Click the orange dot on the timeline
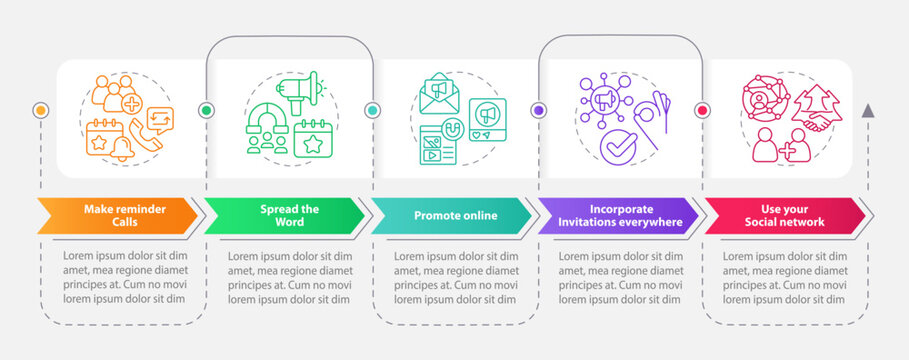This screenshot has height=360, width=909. pyautogui.click(x=41, y=110)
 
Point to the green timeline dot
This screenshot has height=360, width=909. pyautogui.click(x=207, y=110)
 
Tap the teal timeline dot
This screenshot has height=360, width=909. pyautogui.click(x=372, y=110)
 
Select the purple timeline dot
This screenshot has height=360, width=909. pyautogui.click(x=538, y=110)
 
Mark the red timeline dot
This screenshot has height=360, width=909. pyautogui.click(x=702, y=110)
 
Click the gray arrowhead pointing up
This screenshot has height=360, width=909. pyautogui.click(x=868, y=110)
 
